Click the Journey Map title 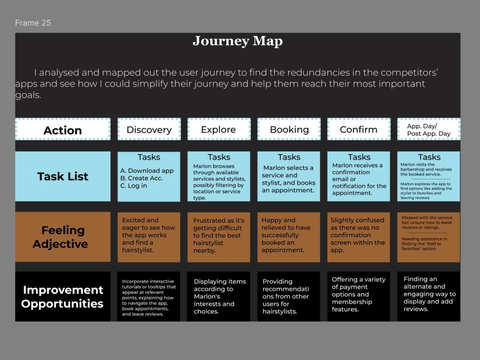pos(238,41)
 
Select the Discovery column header pos(149,129)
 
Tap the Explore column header pos(219,129)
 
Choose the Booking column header pos(289,129)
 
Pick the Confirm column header pos(359,129)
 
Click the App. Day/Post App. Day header pos(429,129)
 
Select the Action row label pos(63,129)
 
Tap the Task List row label pos(63,176)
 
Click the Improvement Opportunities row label pos(63,296)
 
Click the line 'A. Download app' pos(147,170)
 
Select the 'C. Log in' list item pos(133,185)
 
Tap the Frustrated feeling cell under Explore pos(218,237)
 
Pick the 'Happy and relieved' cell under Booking pos(288,237)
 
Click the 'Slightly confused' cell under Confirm pos(359,237)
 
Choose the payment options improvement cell pos(359,296)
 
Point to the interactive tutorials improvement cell pos(148,296)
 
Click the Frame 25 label pos(33,23)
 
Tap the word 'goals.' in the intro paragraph pos(28,95)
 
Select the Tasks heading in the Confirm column pos(359,157)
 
